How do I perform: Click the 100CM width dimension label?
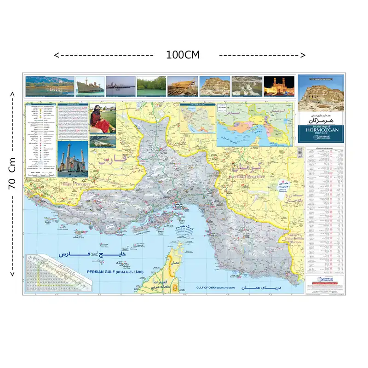tap(183, 55)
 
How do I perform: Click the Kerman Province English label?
tap(247, 163)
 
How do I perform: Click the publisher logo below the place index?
tap(325, 280)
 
